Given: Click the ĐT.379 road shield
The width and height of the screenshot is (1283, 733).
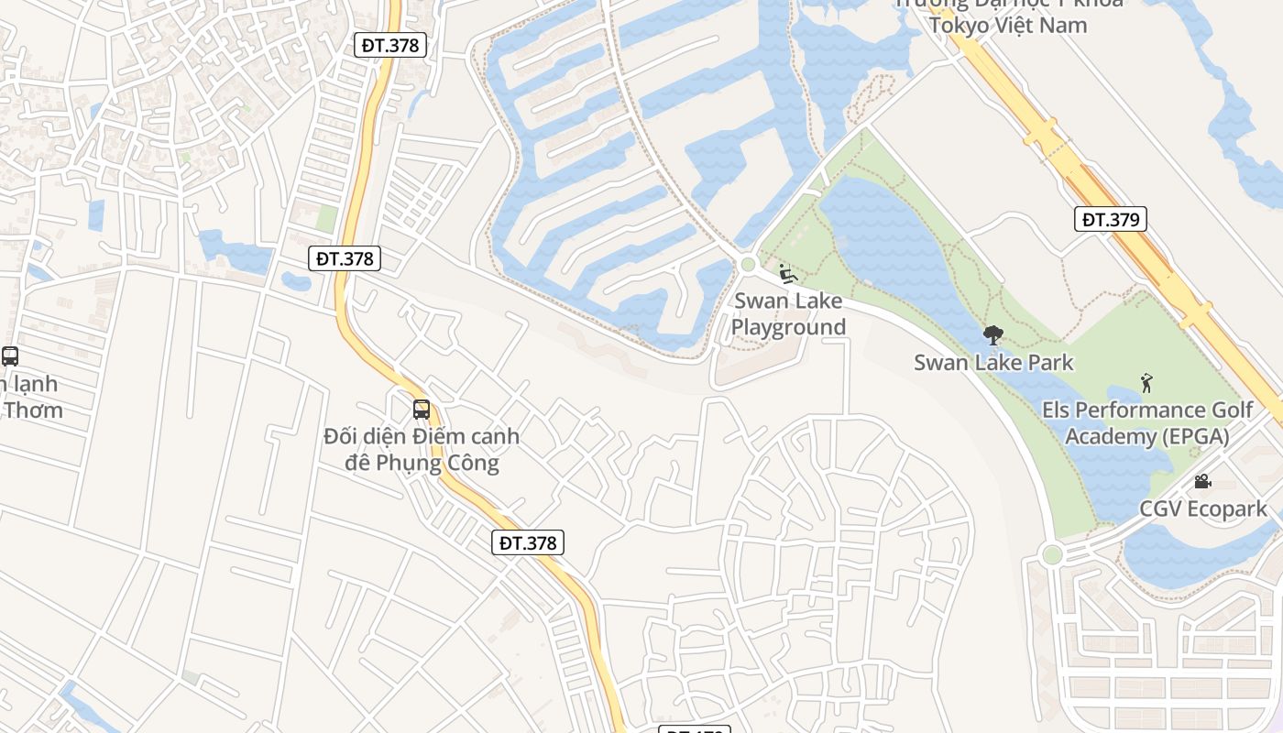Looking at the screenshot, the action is (x=1110, y=219).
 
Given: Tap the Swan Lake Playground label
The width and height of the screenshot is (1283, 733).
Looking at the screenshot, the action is (x=788, y=314).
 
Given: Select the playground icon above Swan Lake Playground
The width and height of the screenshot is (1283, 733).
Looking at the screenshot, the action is (x=786, y=273).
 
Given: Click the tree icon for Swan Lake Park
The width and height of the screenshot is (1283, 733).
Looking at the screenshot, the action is (x=992, y=335).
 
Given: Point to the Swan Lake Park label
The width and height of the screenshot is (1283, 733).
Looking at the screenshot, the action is (x=993, y=362).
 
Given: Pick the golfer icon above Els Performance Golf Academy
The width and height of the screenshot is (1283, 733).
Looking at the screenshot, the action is (x=1146, y=383).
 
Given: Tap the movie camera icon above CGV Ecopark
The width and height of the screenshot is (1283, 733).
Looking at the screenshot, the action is (x=1202, y=482).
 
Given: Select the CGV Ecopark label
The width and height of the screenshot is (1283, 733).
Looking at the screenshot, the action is (x=1203, y=509).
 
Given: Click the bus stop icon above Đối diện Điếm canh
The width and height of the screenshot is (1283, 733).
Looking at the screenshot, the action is (x=422, y=410).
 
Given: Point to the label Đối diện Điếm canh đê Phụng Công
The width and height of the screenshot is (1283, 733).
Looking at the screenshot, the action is (x=422, y=449).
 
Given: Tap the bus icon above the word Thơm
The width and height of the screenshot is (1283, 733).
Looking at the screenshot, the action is (x=10, y=356).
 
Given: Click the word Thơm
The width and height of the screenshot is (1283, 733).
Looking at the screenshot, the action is (x=33, y=410).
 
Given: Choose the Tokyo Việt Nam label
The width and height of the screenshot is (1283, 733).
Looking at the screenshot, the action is (x=1008, y=25).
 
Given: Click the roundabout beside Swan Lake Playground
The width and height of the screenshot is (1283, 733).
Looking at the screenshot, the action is (x=748, y=265).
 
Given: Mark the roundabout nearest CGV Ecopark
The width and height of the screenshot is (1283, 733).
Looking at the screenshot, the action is (x=1052, y=554).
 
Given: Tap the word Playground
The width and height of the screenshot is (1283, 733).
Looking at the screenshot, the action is (x=788, y=327).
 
